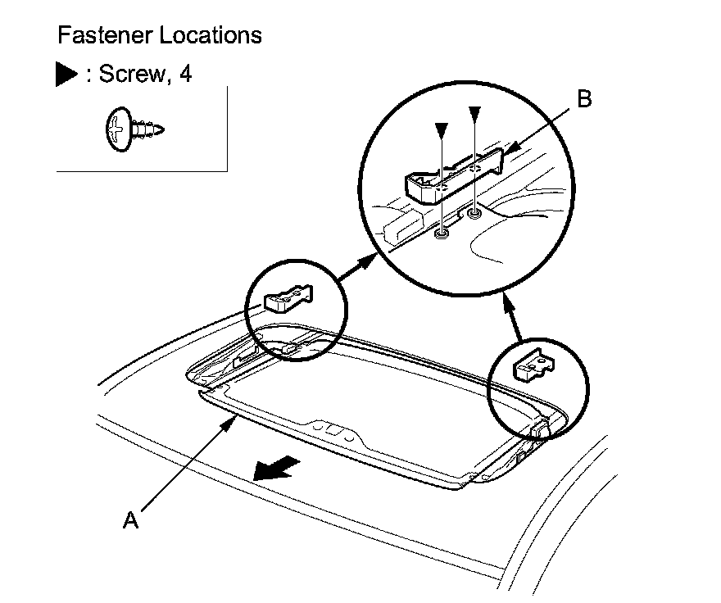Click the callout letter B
click(x=583, y=100)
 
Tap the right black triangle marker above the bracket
click(x=474, y=112)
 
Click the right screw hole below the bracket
click(x=474, y=215)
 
